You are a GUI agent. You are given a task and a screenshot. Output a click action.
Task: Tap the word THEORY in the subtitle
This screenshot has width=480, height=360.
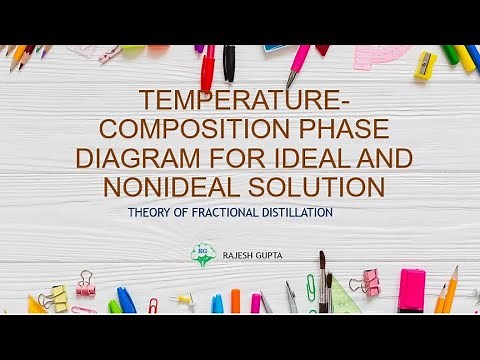(152, 213)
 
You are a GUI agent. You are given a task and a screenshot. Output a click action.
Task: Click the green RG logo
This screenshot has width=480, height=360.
(203, 254)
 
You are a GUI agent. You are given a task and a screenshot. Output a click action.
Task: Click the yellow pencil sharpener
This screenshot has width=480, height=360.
(425, 65)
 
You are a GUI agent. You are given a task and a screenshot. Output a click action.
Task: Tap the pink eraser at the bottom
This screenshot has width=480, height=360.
(411, 291)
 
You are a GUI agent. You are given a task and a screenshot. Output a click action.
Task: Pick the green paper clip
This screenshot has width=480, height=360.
(311, 290)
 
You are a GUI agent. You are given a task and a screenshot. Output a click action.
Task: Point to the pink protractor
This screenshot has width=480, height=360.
(381, 56)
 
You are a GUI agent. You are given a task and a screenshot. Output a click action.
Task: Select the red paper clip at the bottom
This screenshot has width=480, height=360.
(153, 305)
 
